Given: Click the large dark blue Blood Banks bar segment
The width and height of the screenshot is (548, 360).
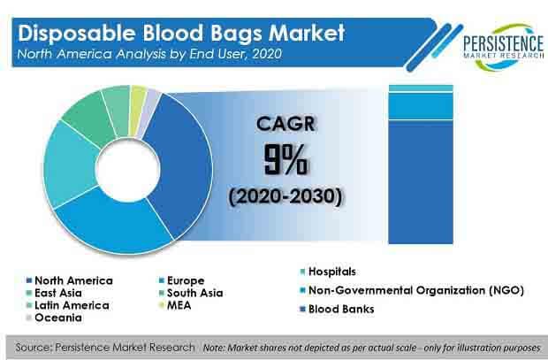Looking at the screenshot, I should point(421,181).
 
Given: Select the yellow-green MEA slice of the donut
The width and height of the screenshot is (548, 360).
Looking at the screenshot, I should point(137,97).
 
